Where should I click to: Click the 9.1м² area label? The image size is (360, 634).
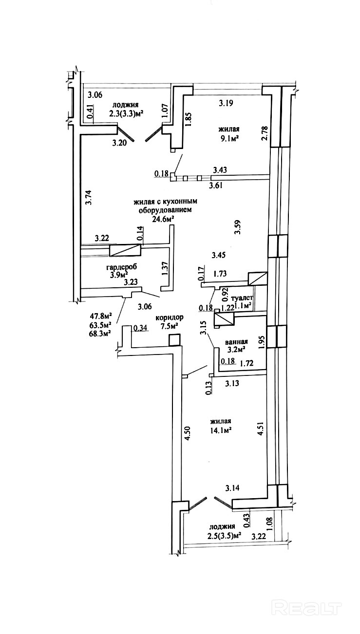tap(229, 138)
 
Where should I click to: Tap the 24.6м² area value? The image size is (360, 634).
tap(163, 219)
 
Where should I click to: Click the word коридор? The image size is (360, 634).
tap(166, 317)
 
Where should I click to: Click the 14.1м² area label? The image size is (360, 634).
tap(220, 430)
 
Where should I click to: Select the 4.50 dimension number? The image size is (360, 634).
tap(187, 433)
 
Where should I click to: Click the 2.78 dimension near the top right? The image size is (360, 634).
tap(265, 133)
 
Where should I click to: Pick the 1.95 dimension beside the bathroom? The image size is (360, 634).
tap(262, 344)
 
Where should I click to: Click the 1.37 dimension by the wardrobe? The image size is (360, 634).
tap(164, 269)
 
